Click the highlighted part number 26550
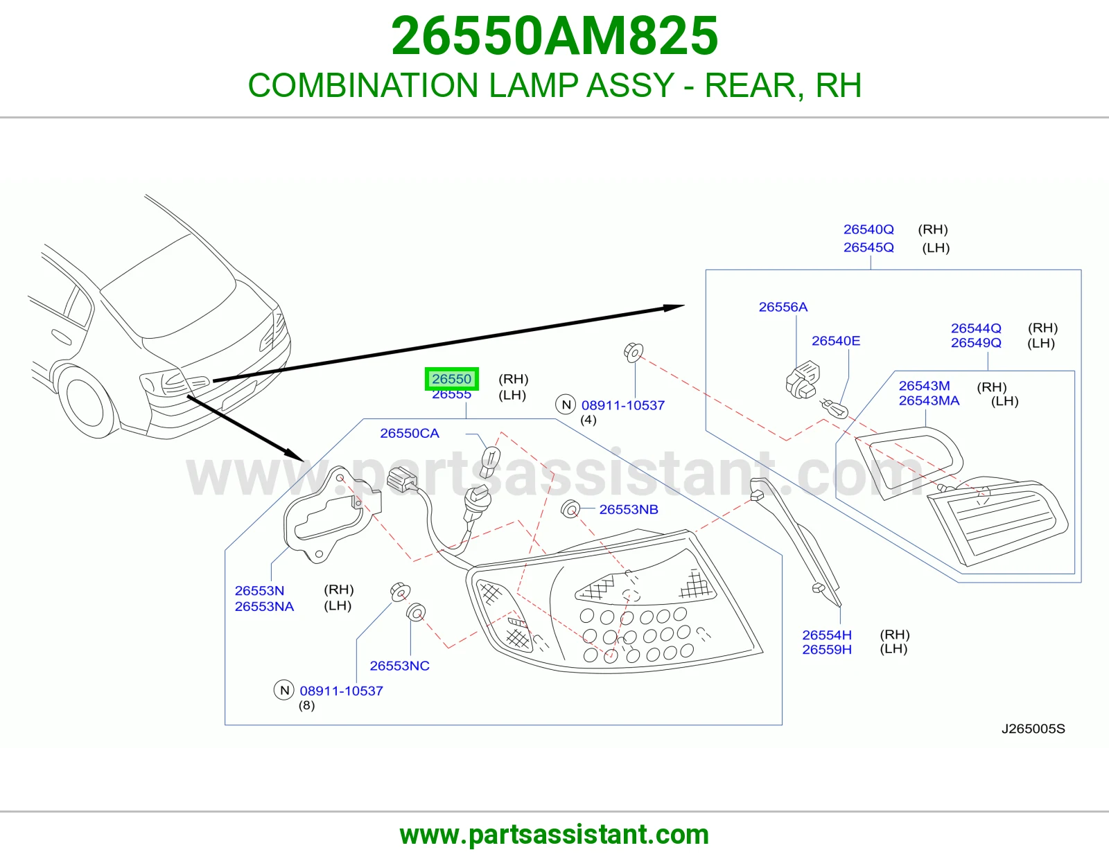point(452,379)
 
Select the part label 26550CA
point(410,433)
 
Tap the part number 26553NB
point(628,509)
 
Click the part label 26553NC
point(400,666)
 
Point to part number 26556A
point(783,307)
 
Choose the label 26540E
point(836,341)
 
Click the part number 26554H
point(827,635)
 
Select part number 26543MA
point(929,401)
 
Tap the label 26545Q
point(868,247)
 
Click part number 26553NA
point(264,607)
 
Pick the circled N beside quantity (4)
point(566,405)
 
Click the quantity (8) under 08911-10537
point(306,705)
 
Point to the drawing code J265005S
point(1033,729)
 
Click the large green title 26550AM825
point(554,36)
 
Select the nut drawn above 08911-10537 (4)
point(634,353)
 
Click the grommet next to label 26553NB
point(570,509)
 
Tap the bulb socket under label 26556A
point(802,380)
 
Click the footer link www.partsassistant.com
point(554,835)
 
